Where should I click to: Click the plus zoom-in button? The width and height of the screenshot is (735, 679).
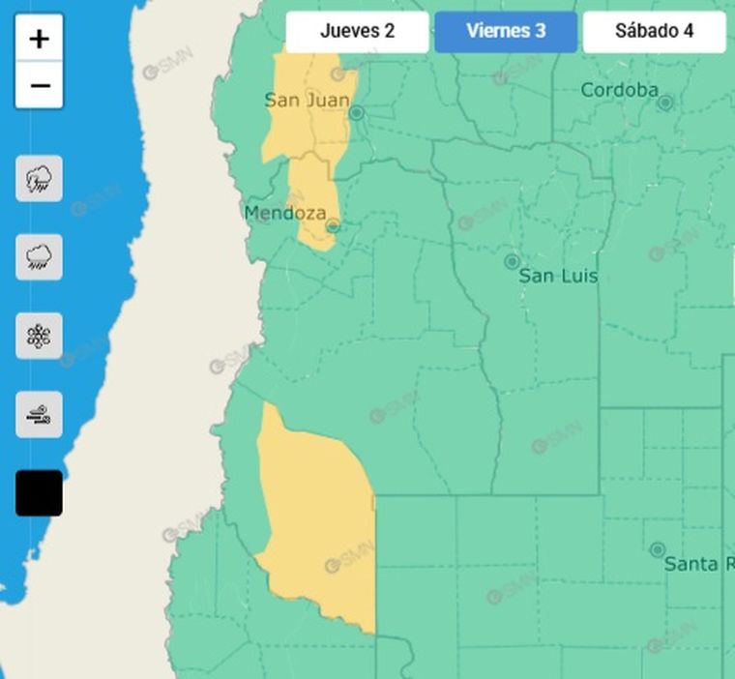[x=40, y=39]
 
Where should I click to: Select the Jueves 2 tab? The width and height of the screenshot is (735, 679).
[x=357, y=31]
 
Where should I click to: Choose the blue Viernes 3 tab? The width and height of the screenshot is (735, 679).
[x=506, y=31]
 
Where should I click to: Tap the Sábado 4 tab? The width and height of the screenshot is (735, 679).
[x=654, y=31]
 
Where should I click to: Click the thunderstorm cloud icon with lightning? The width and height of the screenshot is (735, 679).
[x=40, y=179]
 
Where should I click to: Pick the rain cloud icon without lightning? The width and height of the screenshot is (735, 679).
[x=40, y=257]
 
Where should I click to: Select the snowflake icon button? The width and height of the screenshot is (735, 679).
[x=40, y=337]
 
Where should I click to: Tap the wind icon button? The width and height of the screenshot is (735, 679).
[x=40, y=415]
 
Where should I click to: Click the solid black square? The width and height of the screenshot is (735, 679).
[x=40, y=493]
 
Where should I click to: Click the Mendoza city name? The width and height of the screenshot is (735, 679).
[x=284, y=213]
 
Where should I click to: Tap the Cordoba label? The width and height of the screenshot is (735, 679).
[x=619, y=90]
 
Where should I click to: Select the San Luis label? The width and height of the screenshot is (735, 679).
[x=558, y=277]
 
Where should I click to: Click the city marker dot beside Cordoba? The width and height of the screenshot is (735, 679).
[x=665, y=102]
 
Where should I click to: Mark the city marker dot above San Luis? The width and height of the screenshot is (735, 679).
[x=512, y=261]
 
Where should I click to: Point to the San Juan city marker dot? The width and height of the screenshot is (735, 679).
[x=356, y=113]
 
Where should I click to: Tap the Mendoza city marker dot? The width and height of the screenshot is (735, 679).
[x=333, y=226]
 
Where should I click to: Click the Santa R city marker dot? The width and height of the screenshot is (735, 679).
[x=658, y=549]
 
